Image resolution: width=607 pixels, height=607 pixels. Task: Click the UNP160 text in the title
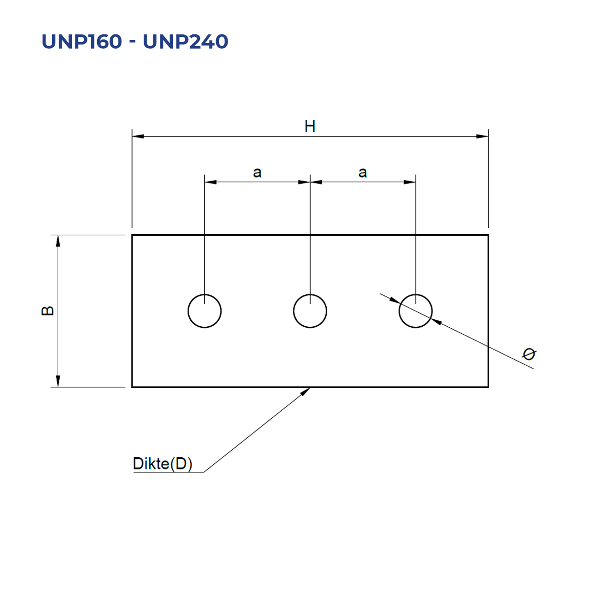pyautogui.click(x=81, y=41)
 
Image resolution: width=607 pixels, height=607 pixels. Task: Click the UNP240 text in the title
pyautogui.click(x=185, y=41)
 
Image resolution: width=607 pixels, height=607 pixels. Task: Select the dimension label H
pyautogui.click(x=310, y=126)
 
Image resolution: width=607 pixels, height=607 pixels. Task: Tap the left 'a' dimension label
pyautogui.click(x=257, y=172)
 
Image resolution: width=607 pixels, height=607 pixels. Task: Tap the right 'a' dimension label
pyautogui.click(x=363, y=172)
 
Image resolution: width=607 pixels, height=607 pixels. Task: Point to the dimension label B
pyautogui.click(x=48, y=311)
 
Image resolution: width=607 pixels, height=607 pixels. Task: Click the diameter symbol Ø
pyautogui.click(x=529, y=354)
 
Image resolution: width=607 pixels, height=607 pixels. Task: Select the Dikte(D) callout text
pyautogui.click(x=162, y=463)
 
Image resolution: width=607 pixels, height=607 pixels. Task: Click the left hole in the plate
pyautogui.click(x=188, y=311)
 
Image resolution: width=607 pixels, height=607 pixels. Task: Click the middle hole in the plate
pyautogui.click(x=293, y=311)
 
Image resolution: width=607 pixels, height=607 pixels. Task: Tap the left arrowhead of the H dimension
pyautogui.click(x=138, y=137)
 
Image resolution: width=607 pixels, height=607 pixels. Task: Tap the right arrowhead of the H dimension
pyautogui.click(x=482, y=137)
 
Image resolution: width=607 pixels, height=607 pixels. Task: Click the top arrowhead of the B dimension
pyautogui.click(x=58, y=241)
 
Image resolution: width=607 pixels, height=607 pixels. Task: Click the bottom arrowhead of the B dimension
pyautogui.click(x=58, y=381)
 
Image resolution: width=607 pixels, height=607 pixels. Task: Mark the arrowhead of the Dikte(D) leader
pyautogui.click(x=305, y=392)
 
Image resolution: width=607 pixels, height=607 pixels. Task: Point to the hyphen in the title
pyautogui.click(x=133, y=42)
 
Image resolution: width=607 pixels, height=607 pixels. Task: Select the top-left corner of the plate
pyautogui.click(x=133, y=235)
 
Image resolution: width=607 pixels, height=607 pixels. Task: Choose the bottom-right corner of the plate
pyautogui.click(x=488, y=387)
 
